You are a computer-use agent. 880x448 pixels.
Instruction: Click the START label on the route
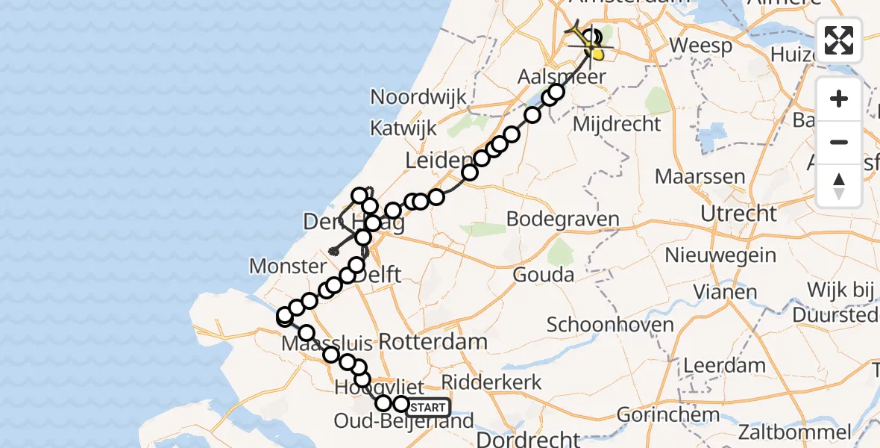429,408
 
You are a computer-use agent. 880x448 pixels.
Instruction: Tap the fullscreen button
839,40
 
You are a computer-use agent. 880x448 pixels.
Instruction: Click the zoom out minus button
839,142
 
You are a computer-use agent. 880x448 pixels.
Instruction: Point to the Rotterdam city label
433,342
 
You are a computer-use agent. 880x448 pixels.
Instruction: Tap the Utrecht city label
738,214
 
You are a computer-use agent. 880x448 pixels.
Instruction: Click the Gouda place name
543,275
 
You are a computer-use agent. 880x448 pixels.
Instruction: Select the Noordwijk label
418,97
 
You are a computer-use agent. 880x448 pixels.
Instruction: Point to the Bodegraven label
563,220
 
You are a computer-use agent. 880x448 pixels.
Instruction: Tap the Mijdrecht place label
617,124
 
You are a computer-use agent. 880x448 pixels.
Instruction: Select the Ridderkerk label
492,382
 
